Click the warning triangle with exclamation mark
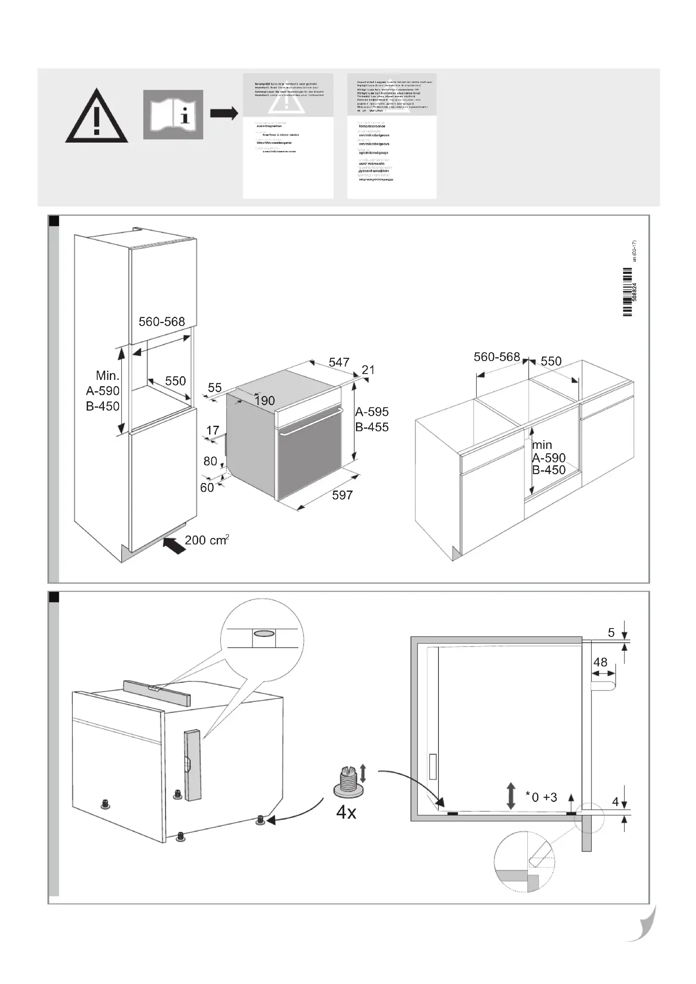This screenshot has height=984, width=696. (96, 117)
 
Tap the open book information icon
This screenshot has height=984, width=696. (173, 114)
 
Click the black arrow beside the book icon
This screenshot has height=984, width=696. (224, 114)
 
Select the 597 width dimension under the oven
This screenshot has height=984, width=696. (342, 496)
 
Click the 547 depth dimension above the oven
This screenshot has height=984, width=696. (339, 362)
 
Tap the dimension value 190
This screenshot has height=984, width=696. (264, 401)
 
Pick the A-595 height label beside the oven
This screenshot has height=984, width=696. (372, 412)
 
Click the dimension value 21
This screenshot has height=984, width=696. (368, 370)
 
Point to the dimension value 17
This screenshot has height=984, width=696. (213, 430)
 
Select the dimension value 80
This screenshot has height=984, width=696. (210, 461)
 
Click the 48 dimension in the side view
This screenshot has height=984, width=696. (600, 662)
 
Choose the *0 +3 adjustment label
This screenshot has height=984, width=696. (541, 797)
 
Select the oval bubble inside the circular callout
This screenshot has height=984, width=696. (263, 634)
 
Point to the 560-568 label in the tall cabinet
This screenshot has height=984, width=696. (162, 322)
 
